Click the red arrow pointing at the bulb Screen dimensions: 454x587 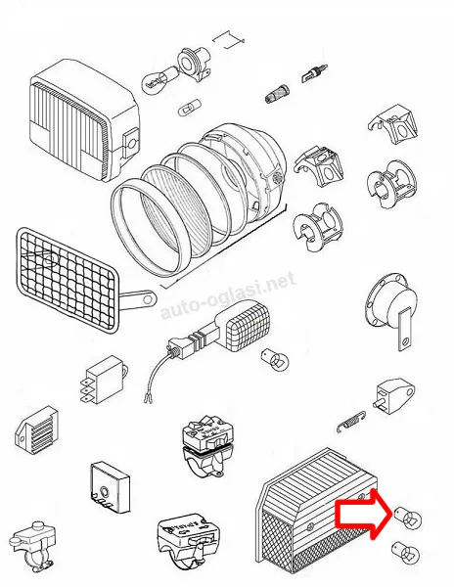(x=359, y=514)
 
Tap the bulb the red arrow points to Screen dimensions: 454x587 (x=408, y=518)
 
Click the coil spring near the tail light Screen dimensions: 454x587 (x=351, y=422)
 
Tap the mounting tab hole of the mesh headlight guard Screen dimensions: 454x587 (x=148, y=299)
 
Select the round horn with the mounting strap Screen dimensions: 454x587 (x=392, y=311)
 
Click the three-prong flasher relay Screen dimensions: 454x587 (x=102, y=380)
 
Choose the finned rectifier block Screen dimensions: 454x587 (x=37, y=429)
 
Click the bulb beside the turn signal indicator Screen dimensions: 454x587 (x=275, y=359)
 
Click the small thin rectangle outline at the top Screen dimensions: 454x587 (x=228, y=40)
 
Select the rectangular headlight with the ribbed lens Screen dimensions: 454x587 (x=83, y=119)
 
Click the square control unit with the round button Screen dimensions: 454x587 (x=111, y=486)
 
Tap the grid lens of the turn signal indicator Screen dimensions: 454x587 (x=249, y=327)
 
